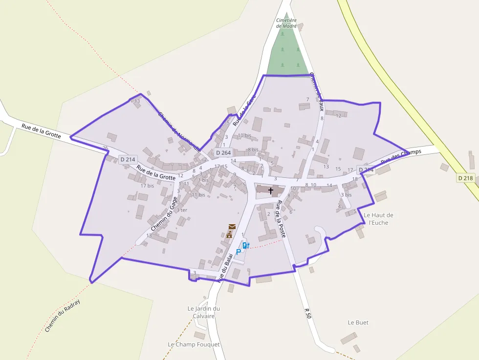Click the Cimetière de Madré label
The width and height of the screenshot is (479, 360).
[x=286, y=23]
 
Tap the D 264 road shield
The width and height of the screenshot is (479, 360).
[x=223, y=153]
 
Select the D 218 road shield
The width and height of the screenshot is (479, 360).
[x=466, y=178]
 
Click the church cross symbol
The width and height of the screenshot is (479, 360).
[x=271, y=190]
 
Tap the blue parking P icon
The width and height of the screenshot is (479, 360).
[x=239, y=252]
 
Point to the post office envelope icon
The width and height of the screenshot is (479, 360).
[x=232, y=227]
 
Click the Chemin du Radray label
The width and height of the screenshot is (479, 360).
[x=62, y=316]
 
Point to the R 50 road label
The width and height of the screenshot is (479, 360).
[x=307, y=313]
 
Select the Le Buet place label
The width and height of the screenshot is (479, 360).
[x=358, y=322]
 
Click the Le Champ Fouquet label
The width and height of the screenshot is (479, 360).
[x=194, y=344]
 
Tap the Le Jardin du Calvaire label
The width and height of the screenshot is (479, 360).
[x=204, y=312]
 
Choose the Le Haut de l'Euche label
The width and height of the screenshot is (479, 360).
[x=378, y=218]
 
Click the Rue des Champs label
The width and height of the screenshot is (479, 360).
[x=401, y=156]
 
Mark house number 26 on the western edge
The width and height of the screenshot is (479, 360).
[x=105, y=148]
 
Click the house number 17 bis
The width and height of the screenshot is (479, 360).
[x=147, y=186]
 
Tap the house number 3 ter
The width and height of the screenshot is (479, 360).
[x=182, y=210]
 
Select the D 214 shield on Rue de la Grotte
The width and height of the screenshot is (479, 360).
[x=128, y=159]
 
